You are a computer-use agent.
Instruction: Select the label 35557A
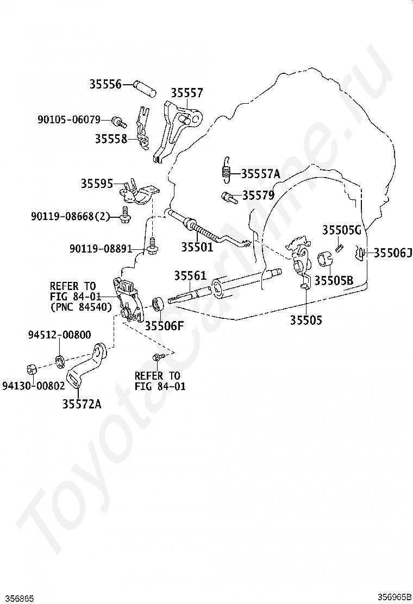(260, 174)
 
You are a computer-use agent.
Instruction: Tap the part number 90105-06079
(69, 119)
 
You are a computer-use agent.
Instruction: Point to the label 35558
(111, 139)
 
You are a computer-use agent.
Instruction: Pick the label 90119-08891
(101, 249)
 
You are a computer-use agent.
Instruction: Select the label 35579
(258, 195)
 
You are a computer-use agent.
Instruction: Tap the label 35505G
(342, 230)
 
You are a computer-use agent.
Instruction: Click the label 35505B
(334, 280)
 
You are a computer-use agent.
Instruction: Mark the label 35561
(190, 276)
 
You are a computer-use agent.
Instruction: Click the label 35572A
(82, 404)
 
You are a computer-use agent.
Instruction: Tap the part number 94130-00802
(34, 386)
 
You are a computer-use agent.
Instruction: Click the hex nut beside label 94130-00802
(32, 369)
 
